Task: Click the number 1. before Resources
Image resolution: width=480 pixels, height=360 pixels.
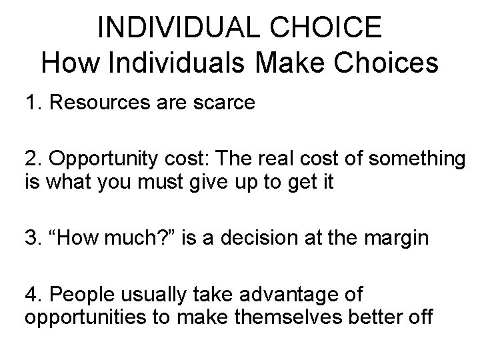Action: [33, 103]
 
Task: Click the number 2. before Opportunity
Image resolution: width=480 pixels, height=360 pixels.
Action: [33, 160]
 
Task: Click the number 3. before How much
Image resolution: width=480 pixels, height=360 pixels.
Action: [33, 239]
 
